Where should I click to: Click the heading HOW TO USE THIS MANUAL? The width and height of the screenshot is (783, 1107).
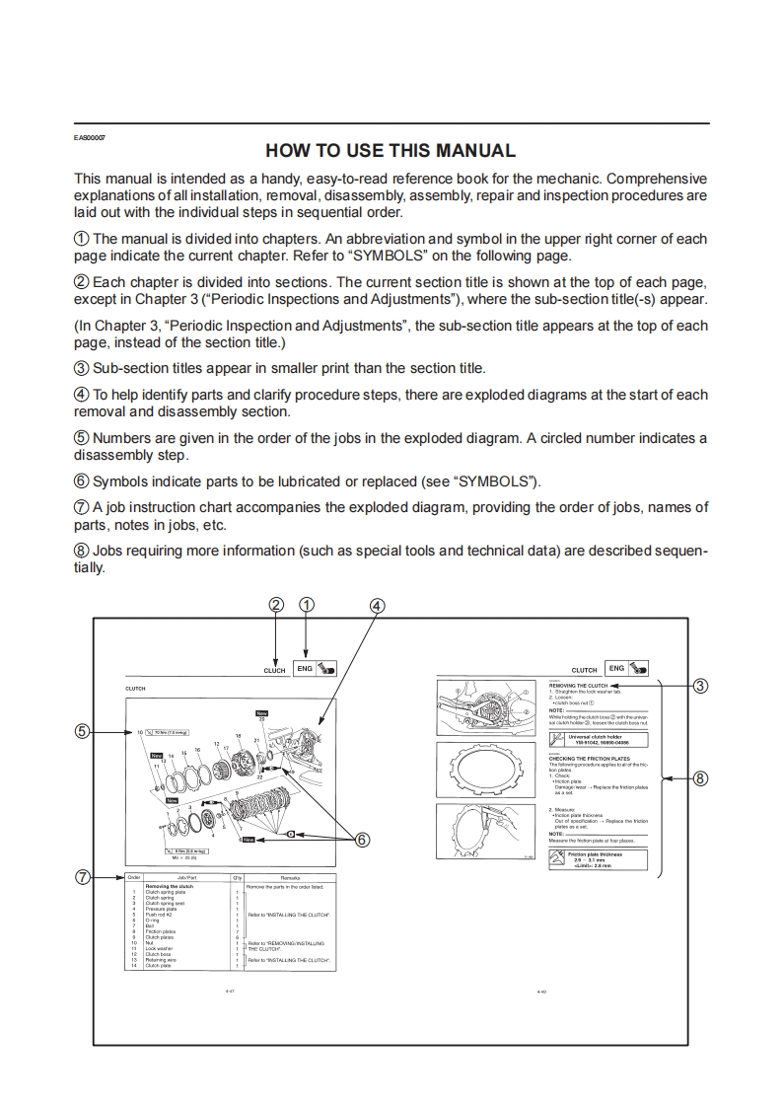pyautogui.click(x=391, y=151)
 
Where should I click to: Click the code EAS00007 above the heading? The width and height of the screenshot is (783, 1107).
pyautogui.click(x=90, y=136)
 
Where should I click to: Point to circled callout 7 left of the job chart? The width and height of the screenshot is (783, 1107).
pyautogui.click(x=83, y=876)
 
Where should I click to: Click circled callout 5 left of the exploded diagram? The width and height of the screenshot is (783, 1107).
pyautogui.click(x=83, y=731)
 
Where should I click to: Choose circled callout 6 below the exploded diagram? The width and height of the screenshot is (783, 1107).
pyautogui.click(x=362, y=840)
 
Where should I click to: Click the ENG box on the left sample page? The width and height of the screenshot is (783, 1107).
pyautogui.click(x=305, y=669)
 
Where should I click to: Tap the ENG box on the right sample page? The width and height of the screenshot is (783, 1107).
pyautogui.click(x=616, y=669)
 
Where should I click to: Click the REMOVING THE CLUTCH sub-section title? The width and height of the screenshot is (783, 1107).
pyautogui.click(x=578, y=685)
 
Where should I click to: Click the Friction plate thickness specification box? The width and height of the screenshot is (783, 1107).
pyautogui.click(x=599, y=860)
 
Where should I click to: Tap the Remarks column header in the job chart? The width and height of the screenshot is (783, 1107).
pyautogui.click(x=290, y=877)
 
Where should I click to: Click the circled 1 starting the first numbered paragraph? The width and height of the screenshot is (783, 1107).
pyautogui.click(x=82, y=239)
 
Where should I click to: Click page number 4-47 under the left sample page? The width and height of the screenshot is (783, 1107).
pyautogui.click(x=230, y=990)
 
